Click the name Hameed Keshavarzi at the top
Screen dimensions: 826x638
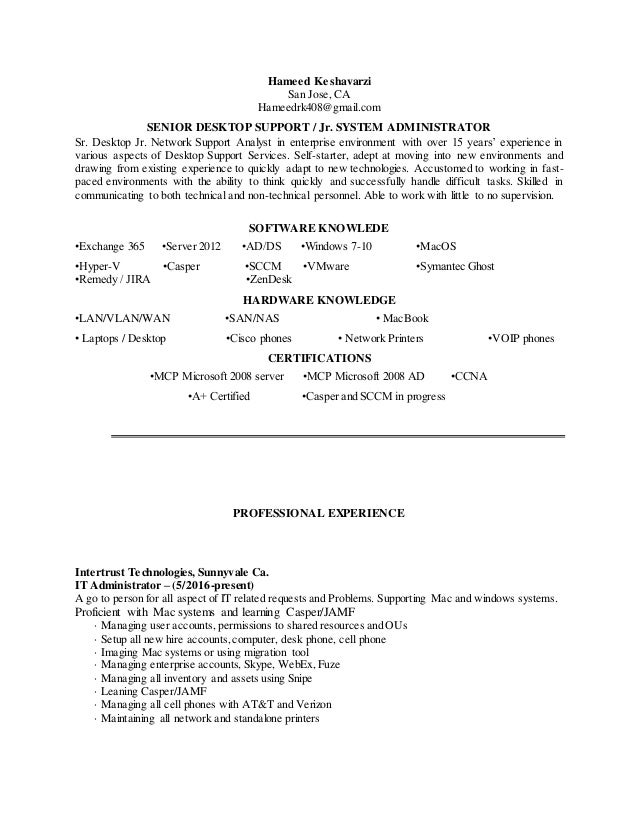coord(319,80)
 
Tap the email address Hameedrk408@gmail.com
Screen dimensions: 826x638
coord(319,108)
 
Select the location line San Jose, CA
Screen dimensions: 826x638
coord(319,94)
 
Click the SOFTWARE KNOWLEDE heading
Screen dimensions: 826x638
coord(319,226)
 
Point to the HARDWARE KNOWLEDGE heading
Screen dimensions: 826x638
coord(319,300)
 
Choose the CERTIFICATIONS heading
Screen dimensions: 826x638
coord(319,357)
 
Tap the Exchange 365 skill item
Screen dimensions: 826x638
coord(110,246)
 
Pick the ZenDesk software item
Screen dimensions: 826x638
coord(268,280)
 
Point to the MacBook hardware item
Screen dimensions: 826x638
coord(401,318)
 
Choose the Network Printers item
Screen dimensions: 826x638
coord(380,338)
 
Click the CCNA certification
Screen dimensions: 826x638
coord(470,376)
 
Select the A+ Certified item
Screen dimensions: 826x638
coord(219,396)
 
